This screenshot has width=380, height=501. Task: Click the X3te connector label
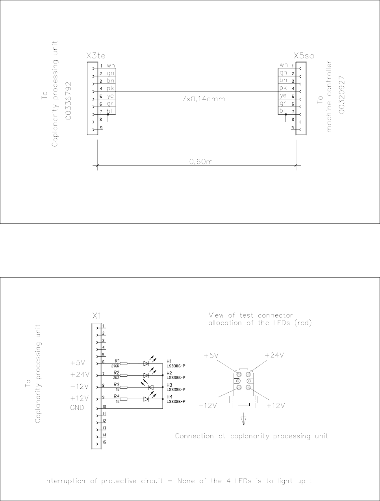tap(96, 56)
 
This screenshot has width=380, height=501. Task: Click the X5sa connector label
tap(304, 56)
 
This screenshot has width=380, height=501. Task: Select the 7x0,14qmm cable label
tap(204, 99)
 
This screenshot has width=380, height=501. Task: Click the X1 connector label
tap(96, 316)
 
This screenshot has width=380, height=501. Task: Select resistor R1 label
tap(117, 361)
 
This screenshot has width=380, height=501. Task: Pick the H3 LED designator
tap(169, 385)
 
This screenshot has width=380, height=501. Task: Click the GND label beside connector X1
tap(77, 408)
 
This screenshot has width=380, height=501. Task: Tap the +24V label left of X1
tap(80, 374)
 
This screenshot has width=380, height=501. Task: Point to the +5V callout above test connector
tap(211, 356)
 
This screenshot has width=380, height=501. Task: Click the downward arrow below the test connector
tap(244, 420)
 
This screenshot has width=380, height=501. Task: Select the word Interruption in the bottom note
tap(65, 481)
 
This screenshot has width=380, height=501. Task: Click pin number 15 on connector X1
tap(104, 442)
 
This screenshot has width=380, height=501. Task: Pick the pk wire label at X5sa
tap(283, 88)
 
